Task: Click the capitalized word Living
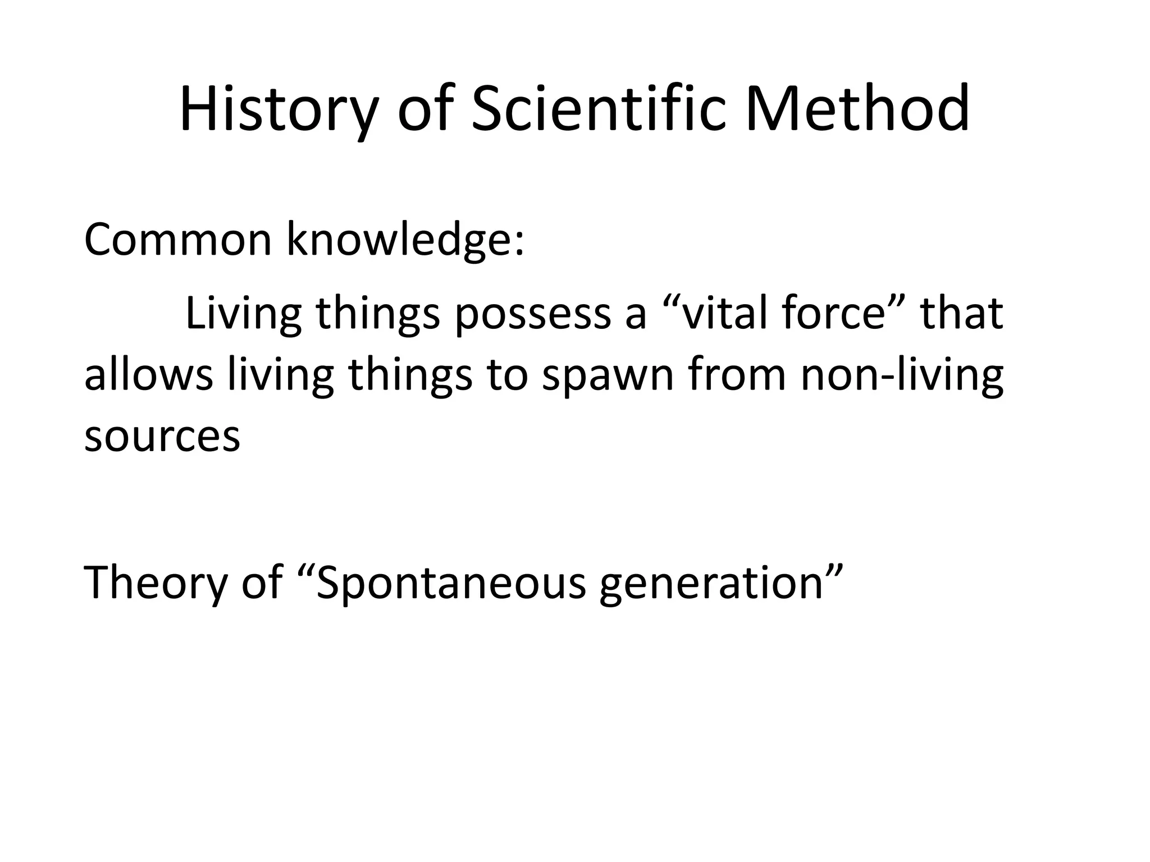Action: coord(243,314)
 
